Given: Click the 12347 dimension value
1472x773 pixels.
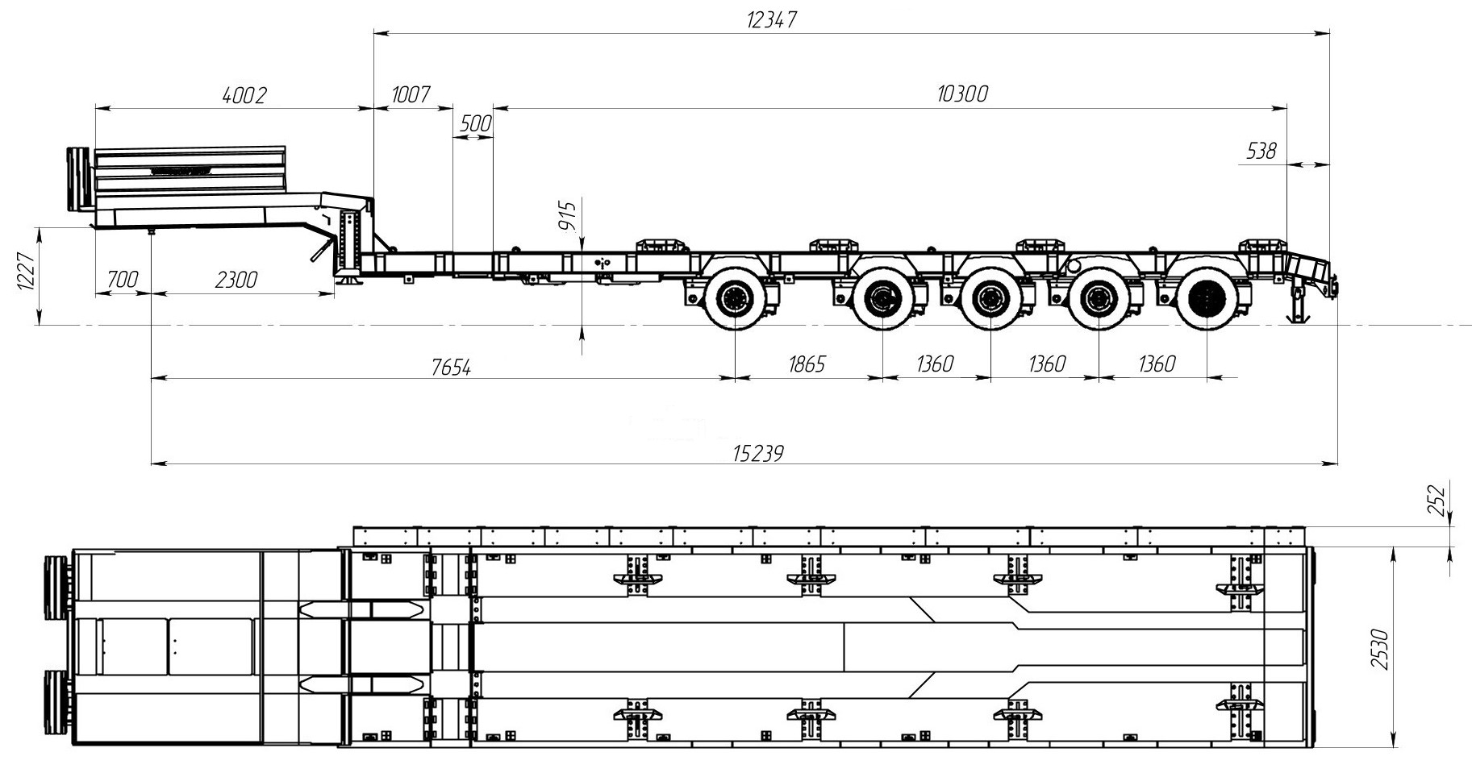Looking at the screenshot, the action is tap(771, 20).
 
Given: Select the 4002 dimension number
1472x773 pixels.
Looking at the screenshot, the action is tap(243, 95).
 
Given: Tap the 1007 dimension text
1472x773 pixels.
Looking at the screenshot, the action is tap(411, 94).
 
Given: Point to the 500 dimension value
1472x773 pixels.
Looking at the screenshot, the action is tap(475, 124).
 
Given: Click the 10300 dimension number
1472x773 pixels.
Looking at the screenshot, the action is tap(962, 94).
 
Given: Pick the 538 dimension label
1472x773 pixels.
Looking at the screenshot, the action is tap(1261, 151).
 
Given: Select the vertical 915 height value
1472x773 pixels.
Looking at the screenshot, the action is tap(568, 216).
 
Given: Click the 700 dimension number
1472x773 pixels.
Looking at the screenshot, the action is tap(122, 280).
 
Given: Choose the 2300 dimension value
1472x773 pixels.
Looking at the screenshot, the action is tap(236, 280).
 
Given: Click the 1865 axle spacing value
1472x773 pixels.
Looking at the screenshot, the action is tap(806, 364).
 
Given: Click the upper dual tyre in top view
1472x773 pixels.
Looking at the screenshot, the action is tap(56, 588).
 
